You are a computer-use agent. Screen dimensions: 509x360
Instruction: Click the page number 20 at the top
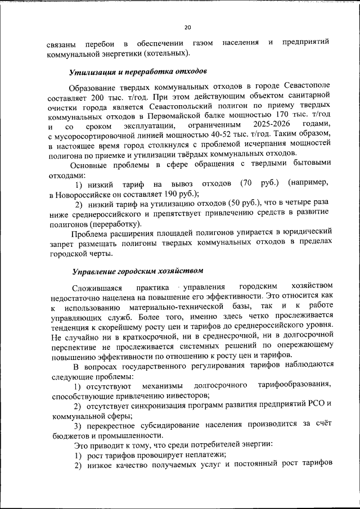click(187, 26)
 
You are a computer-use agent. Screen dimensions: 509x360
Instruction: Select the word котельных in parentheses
click(165, 53)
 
